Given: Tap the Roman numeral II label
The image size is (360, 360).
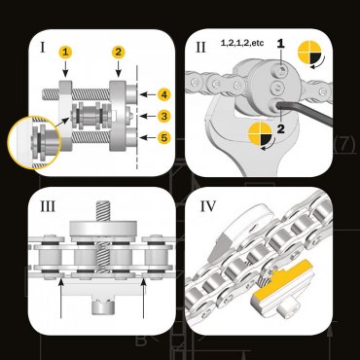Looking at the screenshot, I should coord(200,46).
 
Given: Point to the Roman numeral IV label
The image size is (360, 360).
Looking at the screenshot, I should coord(207,206).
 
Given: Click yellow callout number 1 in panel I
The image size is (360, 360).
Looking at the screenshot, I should coord(65,51).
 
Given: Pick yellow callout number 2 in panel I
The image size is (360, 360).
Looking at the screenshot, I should coord(118,51).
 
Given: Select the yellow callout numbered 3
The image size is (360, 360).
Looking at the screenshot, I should coord(165,116).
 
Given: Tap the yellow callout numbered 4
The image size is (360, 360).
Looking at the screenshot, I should coord(165,94).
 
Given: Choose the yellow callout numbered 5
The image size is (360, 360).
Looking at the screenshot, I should coord(165,137).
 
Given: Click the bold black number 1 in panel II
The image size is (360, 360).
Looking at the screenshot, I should coord(281,44).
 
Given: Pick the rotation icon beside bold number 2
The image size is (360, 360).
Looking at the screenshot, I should coord(259,136).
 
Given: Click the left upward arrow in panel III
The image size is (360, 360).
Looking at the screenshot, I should coord(61,297).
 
